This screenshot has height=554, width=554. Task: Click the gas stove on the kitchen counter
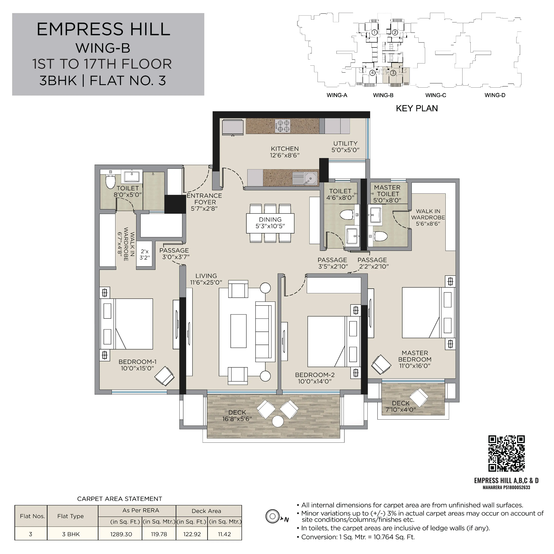(x=282, y=126)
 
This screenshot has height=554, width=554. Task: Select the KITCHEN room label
(x=285, y=149)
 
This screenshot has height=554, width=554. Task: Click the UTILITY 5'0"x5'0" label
(x=345, y=147)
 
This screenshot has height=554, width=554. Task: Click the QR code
(x=506, y=454)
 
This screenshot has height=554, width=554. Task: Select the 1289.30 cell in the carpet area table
(x=121, y=534)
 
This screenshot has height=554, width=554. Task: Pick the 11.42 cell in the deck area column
(x=224, y=534)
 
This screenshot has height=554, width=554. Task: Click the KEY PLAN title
(x=417, y=108)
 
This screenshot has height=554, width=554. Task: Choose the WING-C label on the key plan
(x=436, y=95)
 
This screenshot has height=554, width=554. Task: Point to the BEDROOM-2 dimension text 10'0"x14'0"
(x=315, y=381)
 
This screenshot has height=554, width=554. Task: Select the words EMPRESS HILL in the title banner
(x=104, y=29)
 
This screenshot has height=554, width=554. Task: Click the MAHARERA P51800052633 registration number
(x=506, y=487)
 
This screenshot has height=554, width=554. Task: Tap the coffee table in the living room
(x=238, y=331)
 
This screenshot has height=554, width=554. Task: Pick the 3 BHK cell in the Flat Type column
(x=71, y=534)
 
